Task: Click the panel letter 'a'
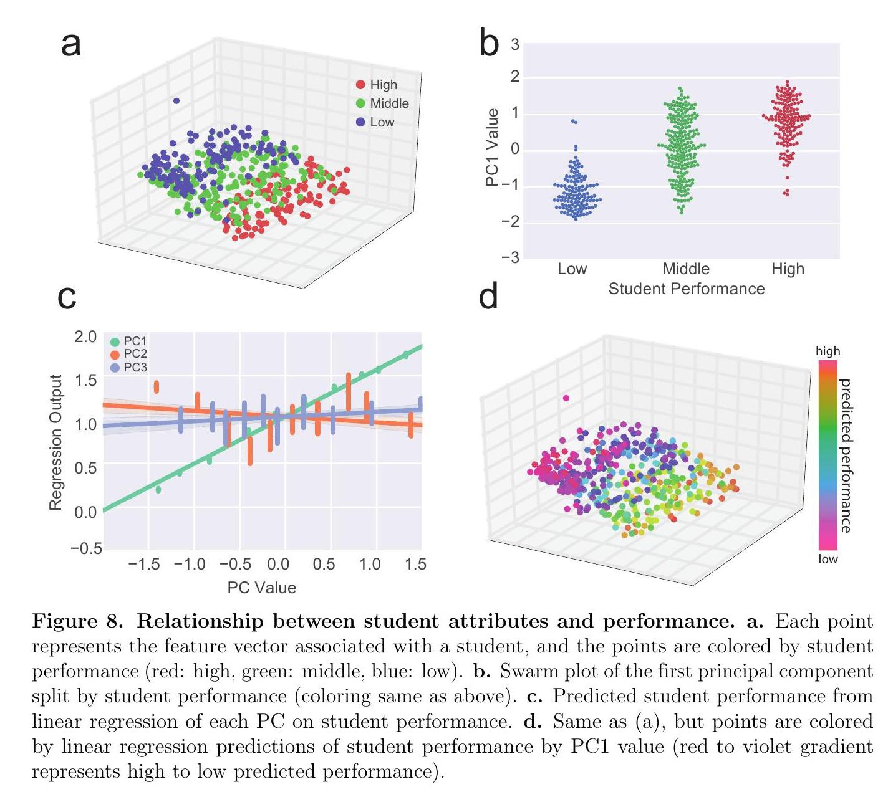71,45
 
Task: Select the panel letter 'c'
67,297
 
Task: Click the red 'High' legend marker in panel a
360,85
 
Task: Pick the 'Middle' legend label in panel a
389,103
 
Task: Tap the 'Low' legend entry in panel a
382,122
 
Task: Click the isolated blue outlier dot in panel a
176,100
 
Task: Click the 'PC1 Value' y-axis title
492,148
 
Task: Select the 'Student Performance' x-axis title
686,289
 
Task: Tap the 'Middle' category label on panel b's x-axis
686,269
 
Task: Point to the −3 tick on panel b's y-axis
511,258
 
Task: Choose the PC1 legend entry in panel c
129,341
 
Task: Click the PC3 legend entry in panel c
129,368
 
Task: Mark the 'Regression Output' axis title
56,442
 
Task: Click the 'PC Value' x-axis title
261,588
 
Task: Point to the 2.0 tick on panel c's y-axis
85,337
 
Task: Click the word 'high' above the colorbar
828,351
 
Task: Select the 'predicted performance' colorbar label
846,456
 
